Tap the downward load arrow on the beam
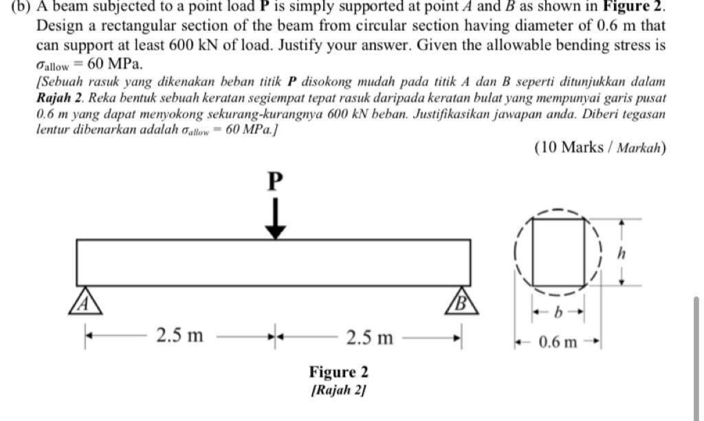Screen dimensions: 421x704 pos(275,219)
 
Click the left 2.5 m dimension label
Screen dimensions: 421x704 pos(179,336)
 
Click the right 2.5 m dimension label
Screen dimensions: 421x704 pos(369,337)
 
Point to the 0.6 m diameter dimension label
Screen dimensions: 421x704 pos(557,342)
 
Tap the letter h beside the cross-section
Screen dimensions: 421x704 pos(621,253)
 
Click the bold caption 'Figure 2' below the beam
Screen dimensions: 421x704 pos(338,373)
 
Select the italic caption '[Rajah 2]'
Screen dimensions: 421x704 pos(338,390)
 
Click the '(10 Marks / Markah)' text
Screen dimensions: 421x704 pos(599,147)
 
